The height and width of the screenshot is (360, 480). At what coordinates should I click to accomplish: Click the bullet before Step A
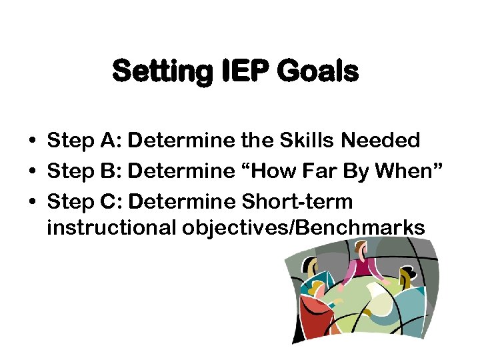(32, 141)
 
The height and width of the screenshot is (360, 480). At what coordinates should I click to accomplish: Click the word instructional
(108, 228)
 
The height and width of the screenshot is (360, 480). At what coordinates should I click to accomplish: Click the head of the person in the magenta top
(362, 251)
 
